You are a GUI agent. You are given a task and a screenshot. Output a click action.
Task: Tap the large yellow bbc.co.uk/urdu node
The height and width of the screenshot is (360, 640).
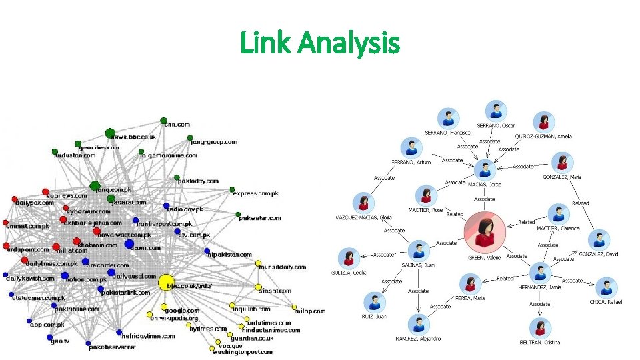pyautogui.click(x=166, y=282)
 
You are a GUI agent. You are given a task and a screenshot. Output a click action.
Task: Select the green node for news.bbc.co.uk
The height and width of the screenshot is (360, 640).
pyautogui.click(x=110, y=133)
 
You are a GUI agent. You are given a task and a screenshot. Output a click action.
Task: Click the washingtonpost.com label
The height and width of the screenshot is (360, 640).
pyautogui.click(x=242, y=352)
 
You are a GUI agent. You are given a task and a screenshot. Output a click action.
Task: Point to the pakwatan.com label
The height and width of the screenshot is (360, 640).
pyautogui.click(x=260, y=218)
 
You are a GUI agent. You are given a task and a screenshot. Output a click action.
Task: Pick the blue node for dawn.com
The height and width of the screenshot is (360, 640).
pyautogui.click(x=129, y=245)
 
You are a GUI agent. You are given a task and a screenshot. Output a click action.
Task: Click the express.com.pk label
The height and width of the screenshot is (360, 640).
pyautogui.click(x=256, y=193)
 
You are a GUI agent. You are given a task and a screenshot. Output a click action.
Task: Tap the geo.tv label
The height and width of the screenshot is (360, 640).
pyautogui.click(x=60, y=340)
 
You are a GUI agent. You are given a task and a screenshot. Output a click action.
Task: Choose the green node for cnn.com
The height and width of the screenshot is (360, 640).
pyautogui.click(x=163, y=121)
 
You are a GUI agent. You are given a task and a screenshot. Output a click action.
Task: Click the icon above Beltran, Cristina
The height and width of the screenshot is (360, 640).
pyautogui.click(x=540, y=328)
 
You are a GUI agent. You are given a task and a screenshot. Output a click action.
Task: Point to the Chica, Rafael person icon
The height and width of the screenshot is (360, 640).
pyautogui.click(x=606, y=287)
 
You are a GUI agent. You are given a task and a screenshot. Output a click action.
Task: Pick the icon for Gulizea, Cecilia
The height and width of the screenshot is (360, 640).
pyautogui.click(x=349, y=258)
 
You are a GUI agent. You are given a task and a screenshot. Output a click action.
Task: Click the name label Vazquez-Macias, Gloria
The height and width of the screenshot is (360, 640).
pyautogui.click(x=363, y=217)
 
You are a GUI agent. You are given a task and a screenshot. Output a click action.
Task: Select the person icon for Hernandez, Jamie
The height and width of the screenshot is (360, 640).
pyautogui.click(x=540, y=272)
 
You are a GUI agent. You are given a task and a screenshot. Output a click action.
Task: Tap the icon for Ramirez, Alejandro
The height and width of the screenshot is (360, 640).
pyautogui.click(x=418, y=325)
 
